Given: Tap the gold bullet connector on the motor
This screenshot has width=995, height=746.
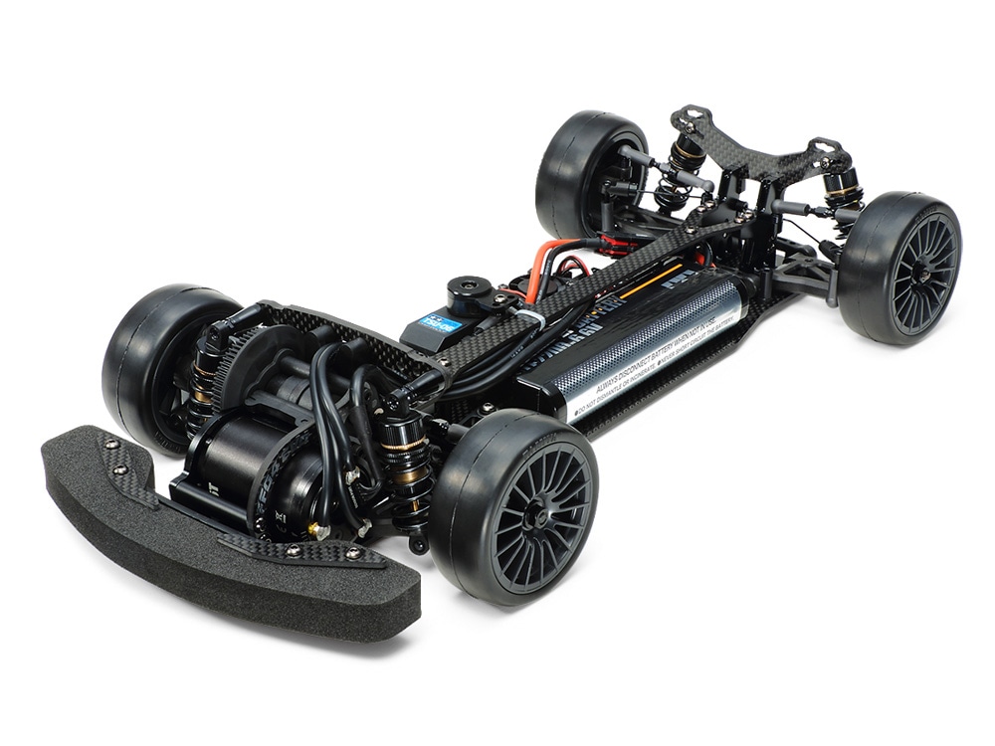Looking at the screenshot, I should [316, 531].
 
